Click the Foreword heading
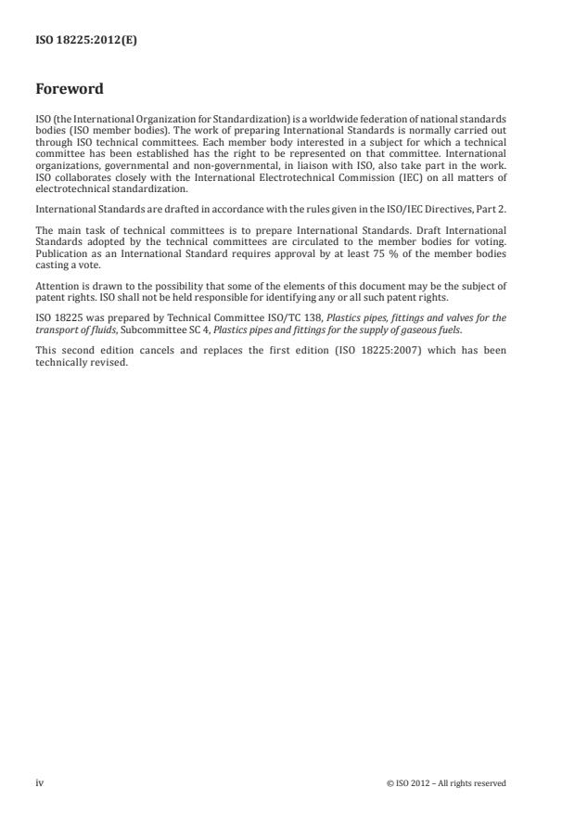click(x=69, y=90)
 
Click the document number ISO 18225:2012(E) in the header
click(x=86, y=41)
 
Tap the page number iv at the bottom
click(x=39, y=783)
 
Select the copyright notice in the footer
click(x=446, y=783)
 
